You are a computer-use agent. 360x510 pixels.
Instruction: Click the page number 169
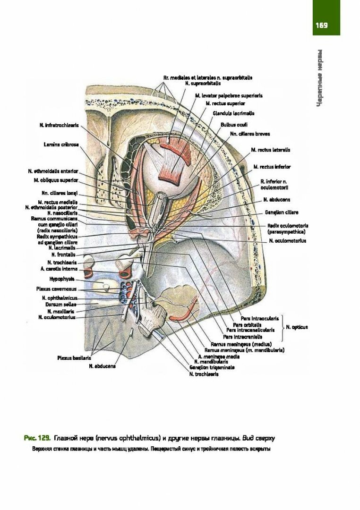pos(322,25)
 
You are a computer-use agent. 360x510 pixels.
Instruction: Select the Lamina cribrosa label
pos(61,144)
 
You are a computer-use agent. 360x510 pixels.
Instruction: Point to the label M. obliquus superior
pos(56,180)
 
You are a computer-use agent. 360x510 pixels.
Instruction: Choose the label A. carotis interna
pos(55,269)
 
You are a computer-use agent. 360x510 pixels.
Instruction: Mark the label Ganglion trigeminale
pos(212,367)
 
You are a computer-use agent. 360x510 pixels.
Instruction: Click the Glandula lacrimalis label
pos(233,113)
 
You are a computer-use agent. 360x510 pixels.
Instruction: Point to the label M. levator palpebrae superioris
pos(229,95)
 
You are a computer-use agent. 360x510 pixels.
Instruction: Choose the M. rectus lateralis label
pos(271,150)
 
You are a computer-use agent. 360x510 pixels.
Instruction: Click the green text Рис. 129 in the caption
pos(37,439)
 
